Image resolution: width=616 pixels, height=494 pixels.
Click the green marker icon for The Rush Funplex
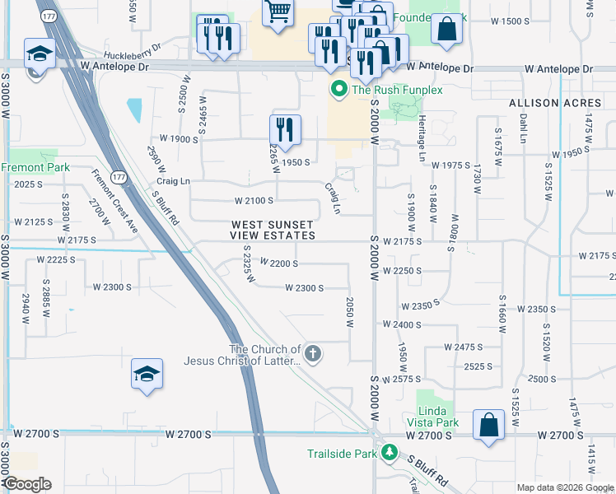click(338, 89)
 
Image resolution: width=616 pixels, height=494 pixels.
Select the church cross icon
click(312, 355)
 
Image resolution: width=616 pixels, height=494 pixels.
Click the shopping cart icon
click(278, 11)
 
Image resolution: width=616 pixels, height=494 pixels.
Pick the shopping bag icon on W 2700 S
click(488, 426)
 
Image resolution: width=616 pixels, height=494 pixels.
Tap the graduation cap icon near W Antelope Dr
click(39, 54)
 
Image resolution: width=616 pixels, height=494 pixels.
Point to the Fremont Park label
click(35, 167)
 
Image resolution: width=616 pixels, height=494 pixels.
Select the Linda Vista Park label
click(433, 417)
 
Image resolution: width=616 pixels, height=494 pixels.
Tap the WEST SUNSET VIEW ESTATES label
click(272, 230)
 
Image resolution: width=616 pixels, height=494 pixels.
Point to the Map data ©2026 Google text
click(564, 487)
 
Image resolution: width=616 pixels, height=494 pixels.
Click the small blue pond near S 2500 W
click(133, 108)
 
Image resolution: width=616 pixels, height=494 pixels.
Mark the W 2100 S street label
click(254, 200)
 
